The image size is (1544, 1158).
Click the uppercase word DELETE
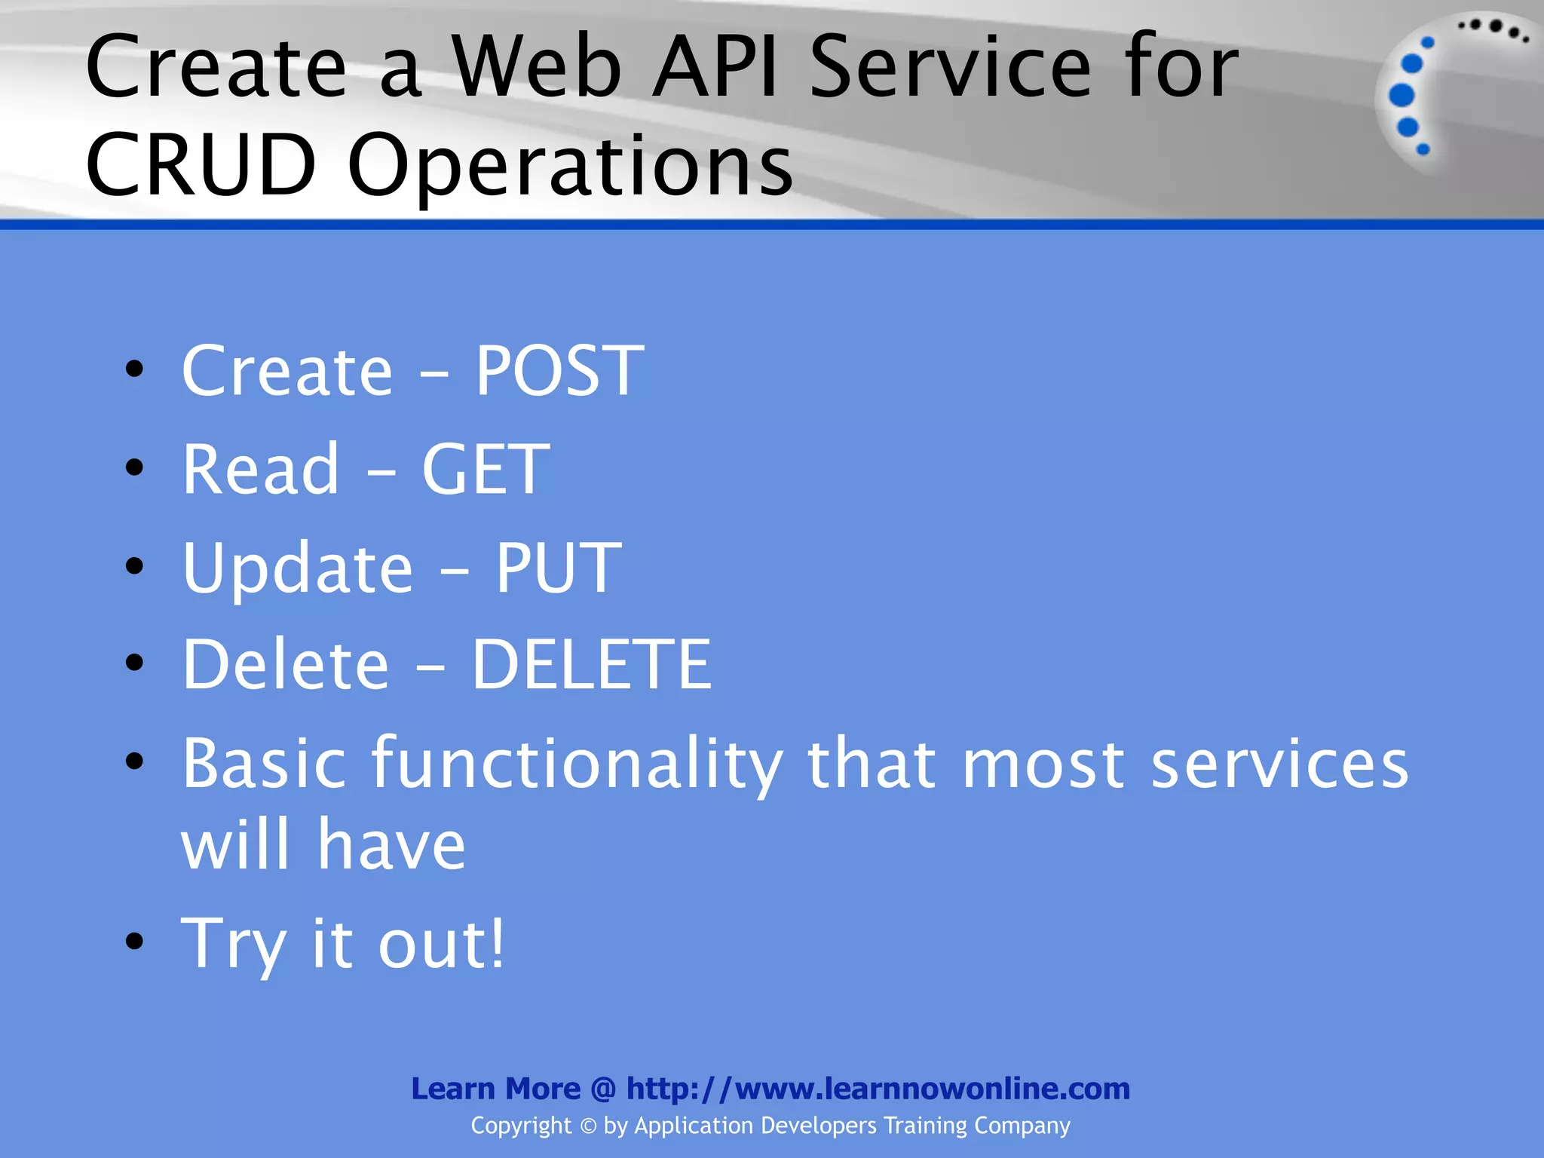tap(591, 664)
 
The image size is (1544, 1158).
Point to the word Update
tap(297, 568)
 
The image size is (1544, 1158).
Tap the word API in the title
tap(715, 67)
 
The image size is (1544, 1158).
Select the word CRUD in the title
tap(201, 164)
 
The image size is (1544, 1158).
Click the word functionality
tap(577, 763)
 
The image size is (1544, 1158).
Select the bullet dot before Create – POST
tap(135, 369)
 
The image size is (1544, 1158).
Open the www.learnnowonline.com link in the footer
tap(878, 1089)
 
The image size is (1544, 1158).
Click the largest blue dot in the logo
tap(1402, 95)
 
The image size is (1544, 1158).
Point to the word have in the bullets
tap(391, 844)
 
